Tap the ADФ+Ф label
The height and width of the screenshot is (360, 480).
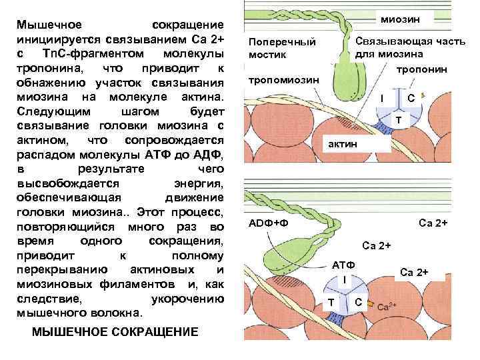click(x=268, y=222)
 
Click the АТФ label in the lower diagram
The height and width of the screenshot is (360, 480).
click(x=343, y=265)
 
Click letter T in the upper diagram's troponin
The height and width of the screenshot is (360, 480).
click(x=398, y=120)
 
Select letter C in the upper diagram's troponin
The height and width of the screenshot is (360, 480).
click(x=411, y=99)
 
